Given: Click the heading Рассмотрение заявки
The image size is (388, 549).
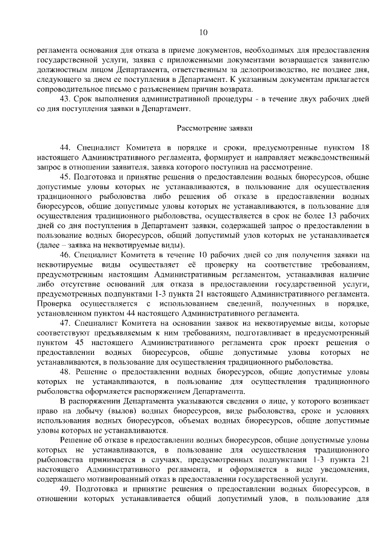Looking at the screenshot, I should [214, 128].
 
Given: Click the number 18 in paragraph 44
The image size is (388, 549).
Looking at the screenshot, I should [364, 147].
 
